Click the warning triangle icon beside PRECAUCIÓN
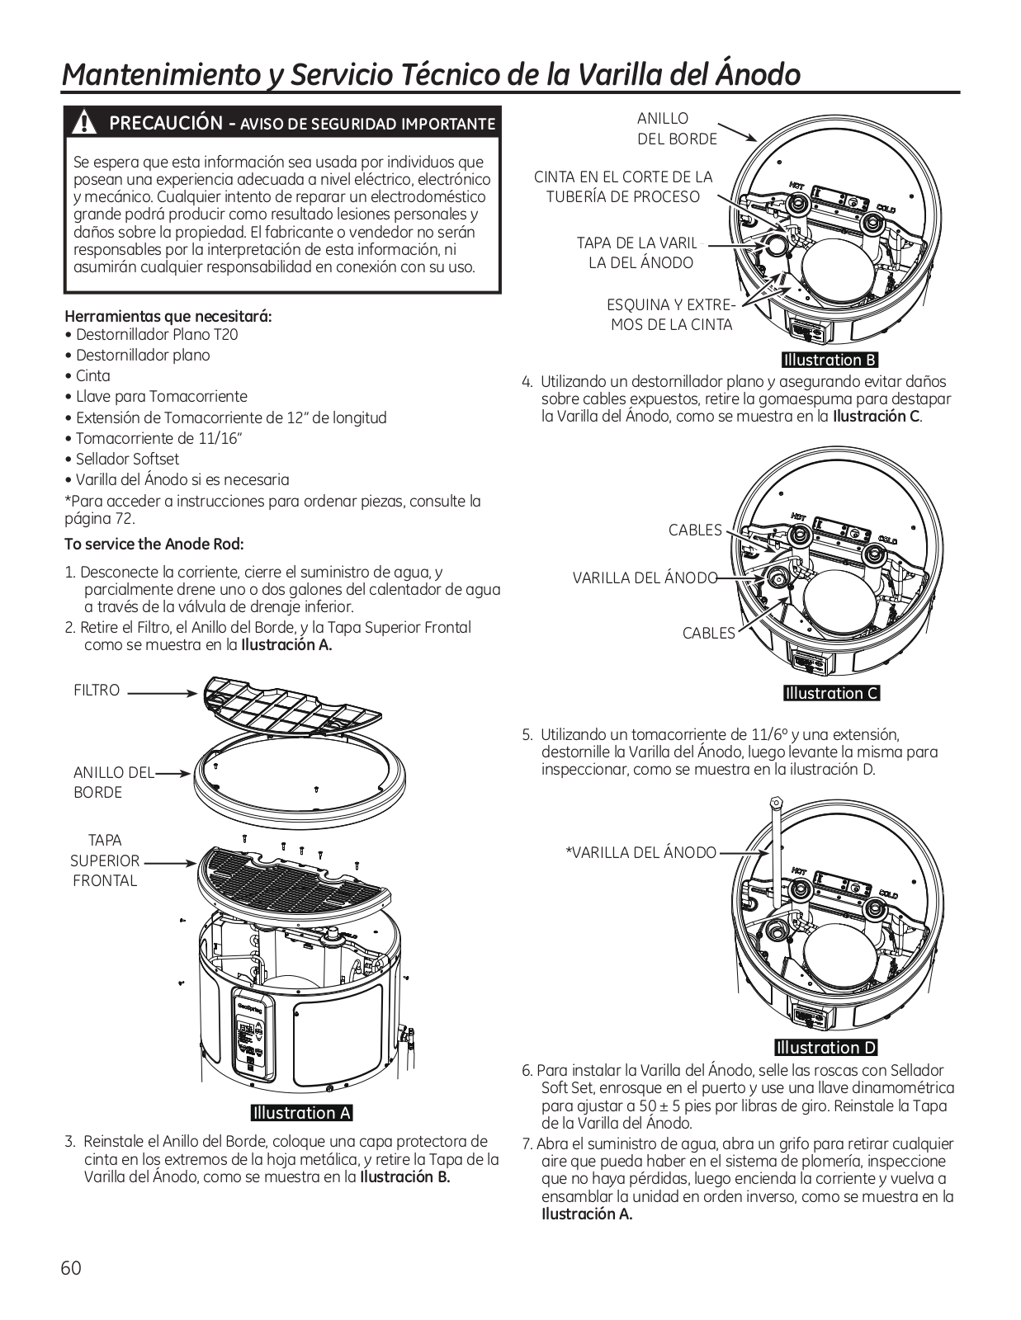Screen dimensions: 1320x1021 [83, 123]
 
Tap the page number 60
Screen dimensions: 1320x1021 [71, 1268]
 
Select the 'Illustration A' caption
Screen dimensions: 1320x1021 [302, 1113]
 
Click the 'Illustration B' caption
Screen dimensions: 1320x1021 [830, 360]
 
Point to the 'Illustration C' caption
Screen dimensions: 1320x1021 [832, 693]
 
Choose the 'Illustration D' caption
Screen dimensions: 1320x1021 [825, 1048]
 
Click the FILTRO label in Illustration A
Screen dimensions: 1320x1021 [97, 691]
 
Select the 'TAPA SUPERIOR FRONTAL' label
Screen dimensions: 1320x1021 [105, 860]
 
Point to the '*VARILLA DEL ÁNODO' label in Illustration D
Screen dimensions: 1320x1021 [640, 852]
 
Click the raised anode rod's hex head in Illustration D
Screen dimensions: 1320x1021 [775, 803]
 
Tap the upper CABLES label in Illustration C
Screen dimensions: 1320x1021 [695, 530]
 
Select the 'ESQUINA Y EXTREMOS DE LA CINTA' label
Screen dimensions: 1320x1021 [671, 314]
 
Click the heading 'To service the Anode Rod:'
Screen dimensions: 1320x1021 [154, 544]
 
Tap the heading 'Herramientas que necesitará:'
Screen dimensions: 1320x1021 [168, 316]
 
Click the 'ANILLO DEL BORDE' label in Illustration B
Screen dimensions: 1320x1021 [677, 129]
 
